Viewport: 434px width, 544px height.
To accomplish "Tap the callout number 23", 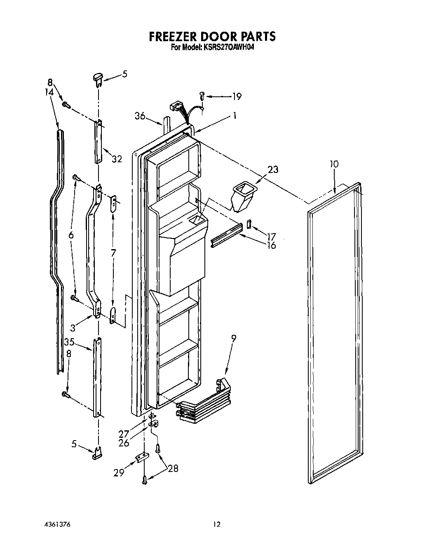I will [x=272, y=169].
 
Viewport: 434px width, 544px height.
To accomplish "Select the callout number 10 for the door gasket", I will [x=334, y=164].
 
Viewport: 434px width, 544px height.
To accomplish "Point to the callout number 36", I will [x=140, y=116].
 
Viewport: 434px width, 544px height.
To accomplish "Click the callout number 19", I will [x=237, y=96].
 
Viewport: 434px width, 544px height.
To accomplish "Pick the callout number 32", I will [x=117, y=159].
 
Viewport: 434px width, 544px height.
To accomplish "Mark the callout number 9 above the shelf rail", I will [x=234, y=339].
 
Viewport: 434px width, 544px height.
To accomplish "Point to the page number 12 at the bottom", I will [x=217, y=524].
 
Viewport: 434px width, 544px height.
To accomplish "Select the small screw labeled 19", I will [x=202, y=96].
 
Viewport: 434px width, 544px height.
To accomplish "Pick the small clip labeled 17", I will [x=249, y=224].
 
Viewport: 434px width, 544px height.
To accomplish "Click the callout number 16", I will [x=271, y=245].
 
